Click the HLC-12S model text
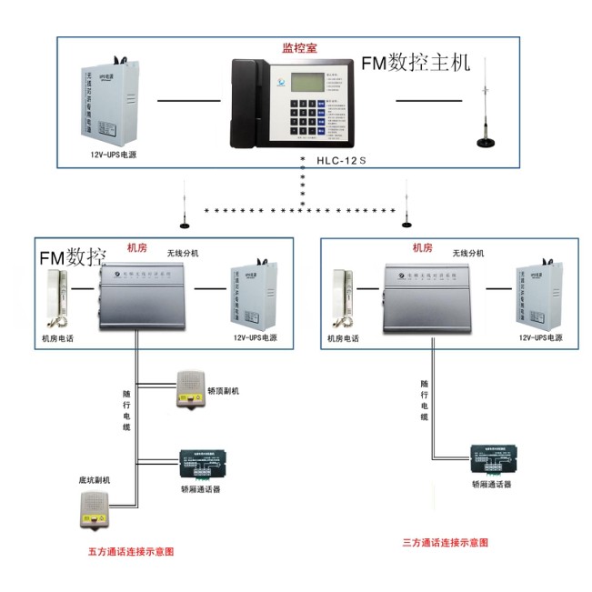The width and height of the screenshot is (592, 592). point(341,161)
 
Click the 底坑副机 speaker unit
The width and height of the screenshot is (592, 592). point(94,511)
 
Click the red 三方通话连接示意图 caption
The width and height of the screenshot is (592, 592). point(445,542)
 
